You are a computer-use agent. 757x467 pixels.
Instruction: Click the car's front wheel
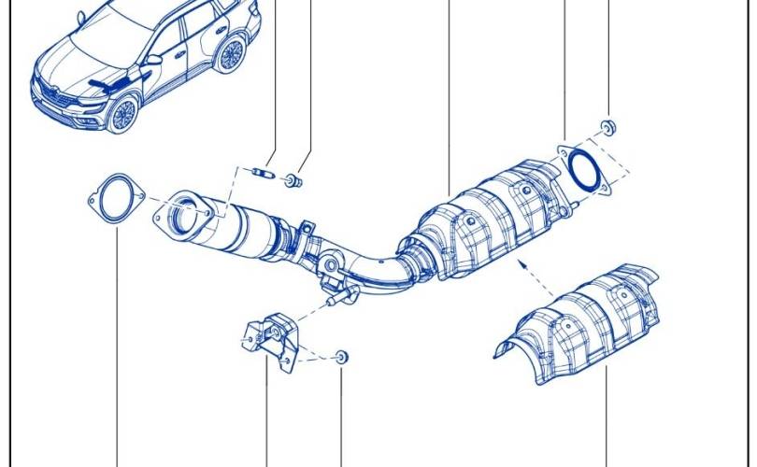[x=121, y=112]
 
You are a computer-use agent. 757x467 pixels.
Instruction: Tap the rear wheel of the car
[x=230, y=54]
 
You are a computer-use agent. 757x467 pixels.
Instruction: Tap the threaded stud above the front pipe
[x=264, y=172]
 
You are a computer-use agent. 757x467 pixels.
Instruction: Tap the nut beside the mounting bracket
[x=341, y=356]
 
